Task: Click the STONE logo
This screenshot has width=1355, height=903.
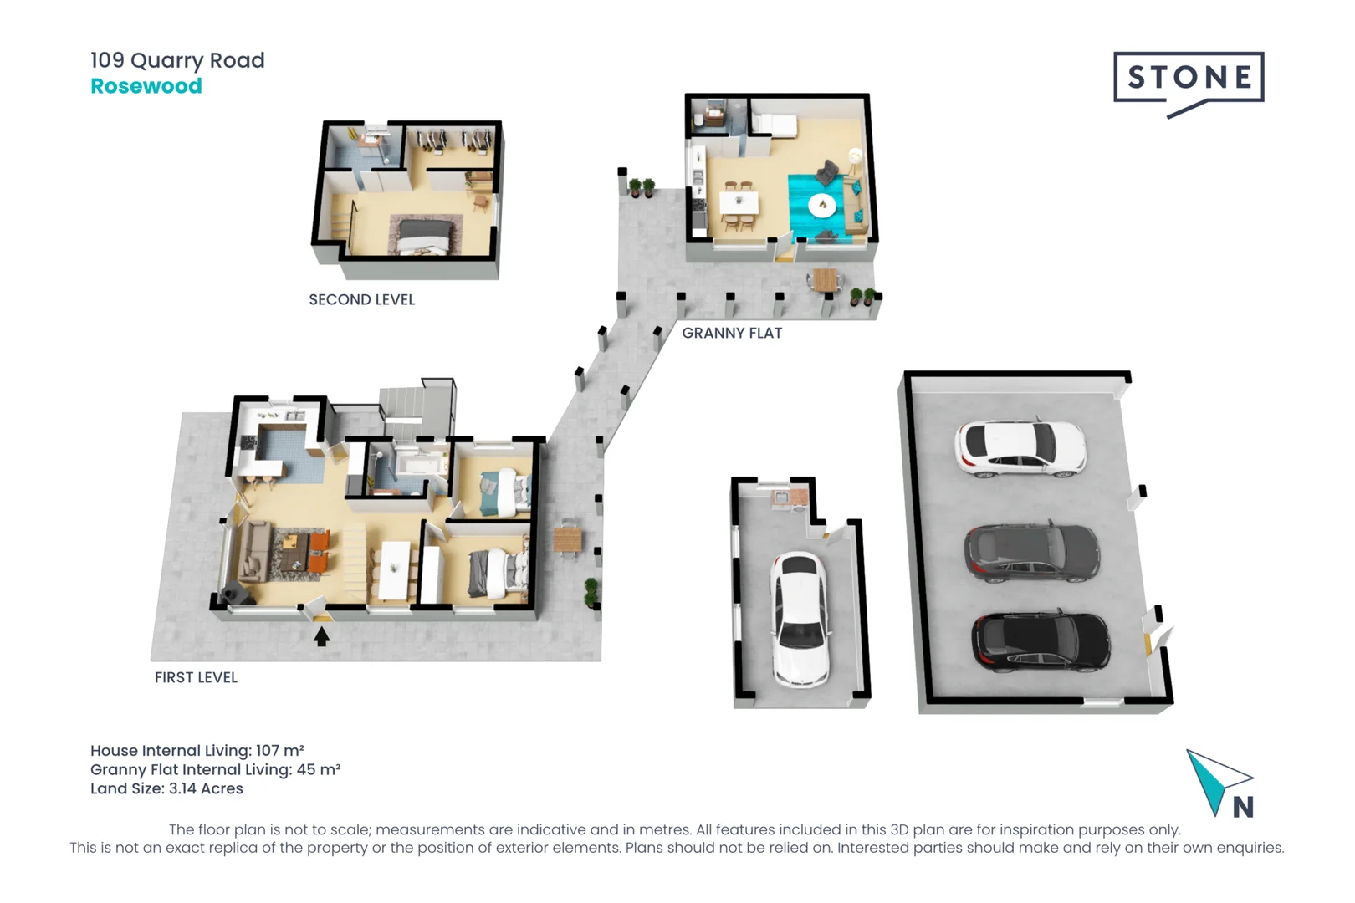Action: click(1188, 79)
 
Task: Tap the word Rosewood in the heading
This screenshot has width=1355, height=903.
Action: click(146, 86)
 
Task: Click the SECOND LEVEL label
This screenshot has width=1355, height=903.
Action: click(361, 299)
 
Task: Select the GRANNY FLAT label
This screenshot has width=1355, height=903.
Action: click(732, 333)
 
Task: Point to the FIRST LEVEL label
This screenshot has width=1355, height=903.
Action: click(196, 677)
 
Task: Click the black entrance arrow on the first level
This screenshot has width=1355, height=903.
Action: click(321, 637)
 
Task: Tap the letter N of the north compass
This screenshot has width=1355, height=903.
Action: click(1243, 807)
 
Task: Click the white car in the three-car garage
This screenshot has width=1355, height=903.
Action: click(1020, 448)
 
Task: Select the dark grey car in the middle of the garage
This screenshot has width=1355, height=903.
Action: click(1032, 553)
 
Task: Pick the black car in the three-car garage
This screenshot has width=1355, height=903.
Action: click(1041, 641)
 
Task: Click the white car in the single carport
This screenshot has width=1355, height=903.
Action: click(800, 619)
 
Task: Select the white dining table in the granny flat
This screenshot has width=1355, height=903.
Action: click(739, 202)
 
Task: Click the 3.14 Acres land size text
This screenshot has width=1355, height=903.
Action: click(206, 788)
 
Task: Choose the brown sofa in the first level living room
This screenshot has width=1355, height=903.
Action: click(254, 551)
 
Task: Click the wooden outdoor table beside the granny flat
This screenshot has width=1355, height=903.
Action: click(825, 278)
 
